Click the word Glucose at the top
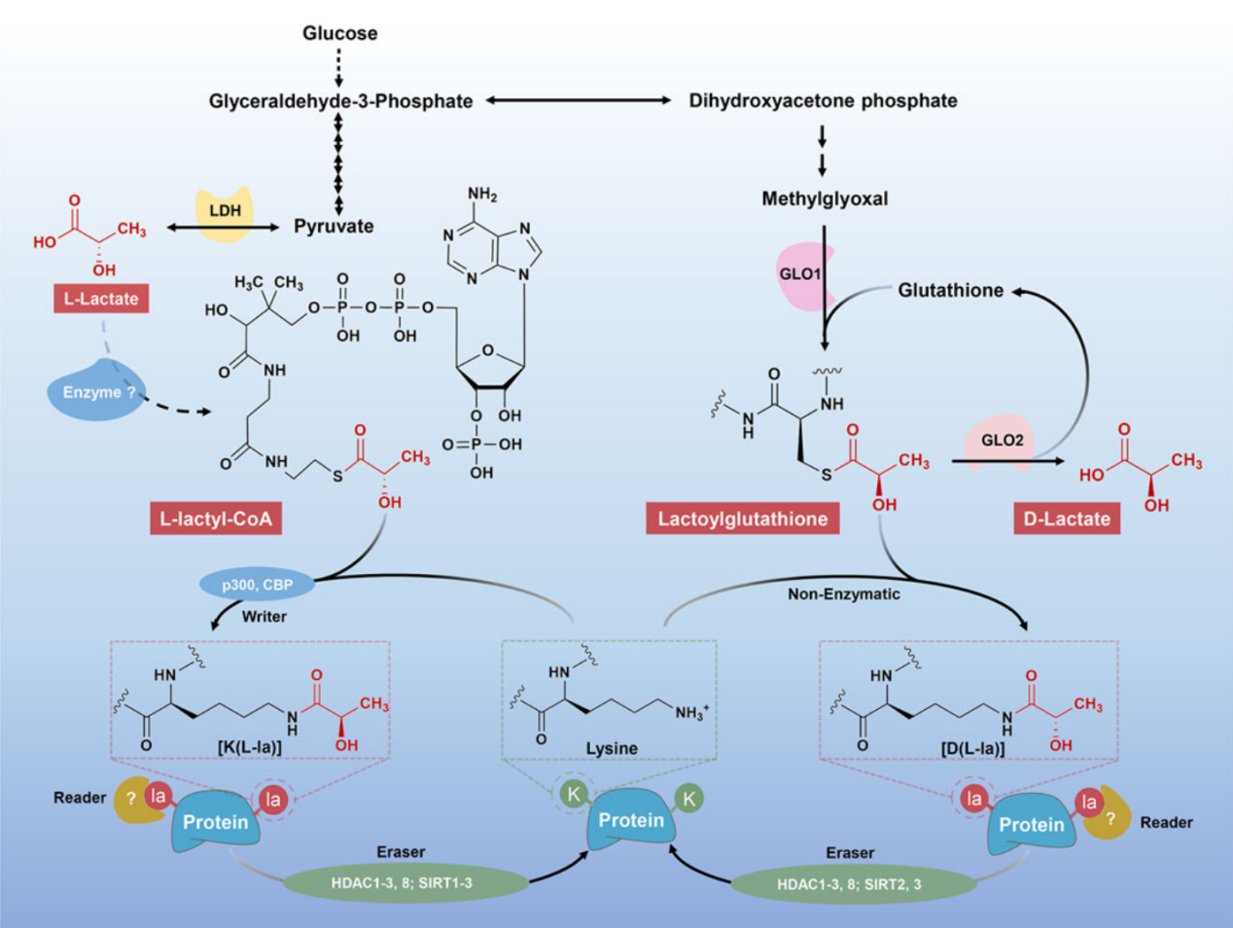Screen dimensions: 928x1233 coord(339,33)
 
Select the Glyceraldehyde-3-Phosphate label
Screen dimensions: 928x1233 coord(340,101)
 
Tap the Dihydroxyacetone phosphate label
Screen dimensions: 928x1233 coord(823,101)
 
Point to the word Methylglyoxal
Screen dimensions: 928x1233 coord(825,198)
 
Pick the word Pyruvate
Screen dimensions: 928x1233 coord(334,227)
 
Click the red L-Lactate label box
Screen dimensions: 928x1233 coord(101,299)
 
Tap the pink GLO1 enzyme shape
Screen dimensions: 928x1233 coord(800,275)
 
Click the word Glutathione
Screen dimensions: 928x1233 coord(950,290)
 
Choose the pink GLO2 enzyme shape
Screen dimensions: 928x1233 coord(1001,442)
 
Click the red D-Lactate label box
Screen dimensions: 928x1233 coord(1067,518)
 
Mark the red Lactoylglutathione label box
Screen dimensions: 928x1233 coord(742,518)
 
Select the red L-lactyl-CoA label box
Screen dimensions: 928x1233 coord(216,518)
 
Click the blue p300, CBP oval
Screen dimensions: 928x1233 coord(258,585)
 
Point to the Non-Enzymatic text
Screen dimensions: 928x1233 coord(843,593)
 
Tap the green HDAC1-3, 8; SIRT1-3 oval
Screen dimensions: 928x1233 coord(402,883)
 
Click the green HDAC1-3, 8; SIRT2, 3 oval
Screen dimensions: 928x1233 coord(851,885)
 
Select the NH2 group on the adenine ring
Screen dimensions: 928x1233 coord(482,195)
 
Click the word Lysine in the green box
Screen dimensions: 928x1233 coord(612,748)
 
